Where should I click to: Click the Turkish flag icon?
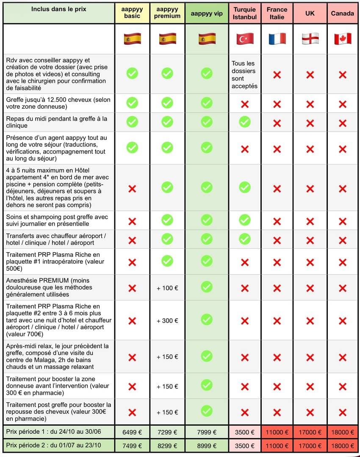point(245,39)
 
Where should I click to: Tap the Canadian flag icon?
point(342,39)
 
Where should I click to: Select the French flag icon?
point(277,39)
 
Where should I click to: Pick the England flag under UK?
point(310,39)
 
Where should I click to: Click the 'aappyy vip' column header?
point(207,14)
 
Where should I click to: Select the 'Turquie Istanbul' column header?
point(245,14)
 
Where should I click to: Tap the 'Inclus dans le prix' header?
point(59,9)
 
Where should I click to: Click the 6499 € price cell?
point(132,432)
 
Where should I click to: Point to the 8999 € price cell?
point(207,446)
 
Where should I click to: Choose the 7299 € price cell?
point(167,432)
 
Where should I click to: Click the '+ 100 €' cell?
point(167,288)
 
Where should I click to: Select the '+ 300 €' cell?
point(167,321)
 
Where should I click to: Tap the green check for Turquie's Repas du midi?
point(245,122)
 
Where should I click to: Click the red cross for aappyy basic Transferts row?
point(132,240)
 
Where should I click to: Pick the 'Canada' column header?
point(342,14)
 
